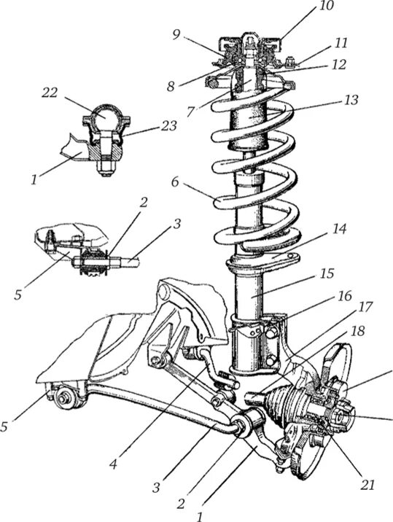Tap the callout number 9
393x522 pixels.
click(177, 35)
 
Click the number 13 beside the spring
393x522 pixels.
click(350, 100)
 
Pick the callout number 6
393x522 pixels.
click(175, 182)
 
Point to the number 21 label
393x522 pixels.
click(367, 485)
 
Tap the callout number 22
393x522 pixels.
click(50, 93)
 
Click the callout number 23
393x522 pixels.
click(168, 126)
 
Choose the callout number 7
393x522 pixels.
click(190, 112)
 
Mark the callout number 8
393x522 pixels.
click(171, 87)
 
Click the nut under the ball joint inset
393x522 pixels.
click(106, 169)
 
